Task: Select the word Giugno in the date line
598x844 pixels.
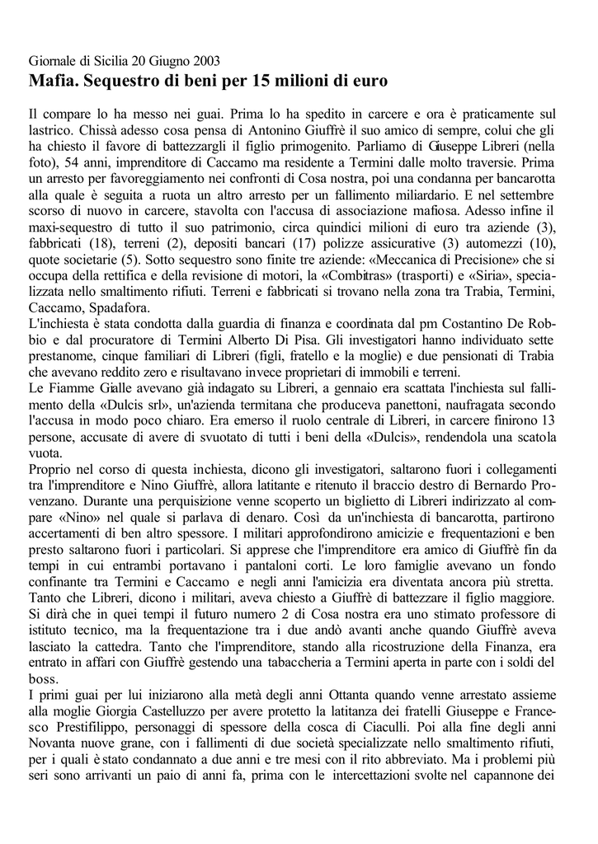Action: pos(165,62)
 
